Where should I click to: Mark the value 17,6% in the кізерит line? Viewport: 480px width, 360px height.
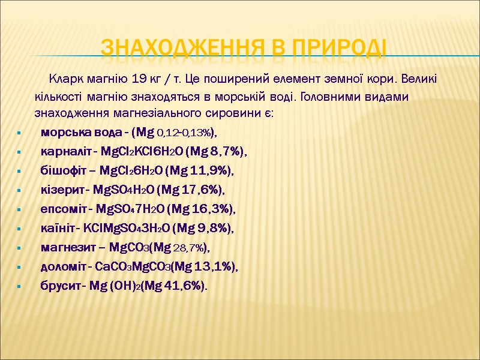(202, 190)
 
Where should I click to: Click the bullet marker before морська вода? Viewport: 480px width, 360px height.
(20, 133)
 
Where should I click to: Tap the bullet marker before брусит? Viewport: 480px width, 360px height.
(20, 286)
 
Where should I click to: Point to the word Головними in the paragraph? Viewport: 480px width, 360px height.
(325, 96)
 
